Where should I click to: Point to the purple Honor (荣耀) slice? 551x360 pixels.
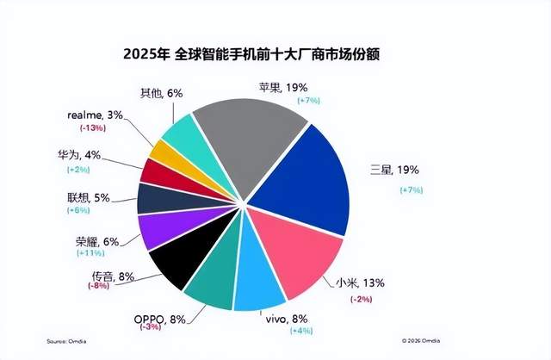coord(159,230)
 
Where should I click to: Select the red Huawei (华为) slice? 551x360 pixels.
coord(158,171)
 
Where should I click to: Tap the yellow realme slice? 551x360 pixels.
coord(167,152)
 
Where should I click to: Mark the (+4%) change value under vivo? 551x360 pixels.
coord(296,330)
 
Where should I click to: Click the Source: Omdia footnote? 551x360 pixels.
coord(69,338)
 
